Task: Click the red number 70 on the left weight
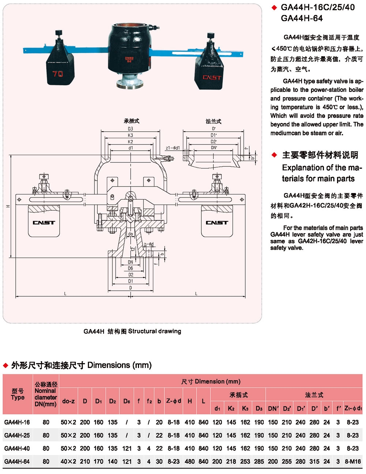[57, 74]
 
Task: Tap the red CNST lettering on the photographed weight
[212, 78]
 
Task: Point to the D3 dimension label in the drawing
[131, 129]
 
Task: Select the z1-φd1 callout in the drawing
[173, 148]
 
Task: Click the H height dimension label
[8, 206]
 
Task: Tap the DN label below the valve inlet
[131, 262]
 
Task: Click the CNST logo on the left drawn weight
[44, 222]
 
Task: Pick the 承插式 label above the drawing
[131, 121]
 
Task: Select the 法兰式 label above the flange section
[213, 121]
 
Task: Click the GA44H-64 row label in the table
[17, 462]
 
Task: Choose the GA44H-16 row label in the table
[17, 422]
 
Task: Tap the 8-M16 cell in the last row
[353, 462]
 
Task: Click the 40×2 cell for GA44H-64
[68, 462]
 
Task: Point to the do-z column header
[68, 401]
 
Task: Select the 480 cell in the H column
[190, 462]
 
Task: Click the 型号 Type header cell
[18, 394]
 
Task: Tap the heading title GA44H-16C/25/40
[318, 7]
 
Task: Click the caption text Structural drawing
[154, 331]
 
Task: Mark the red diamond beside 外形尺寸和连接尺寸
[5, 365]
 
